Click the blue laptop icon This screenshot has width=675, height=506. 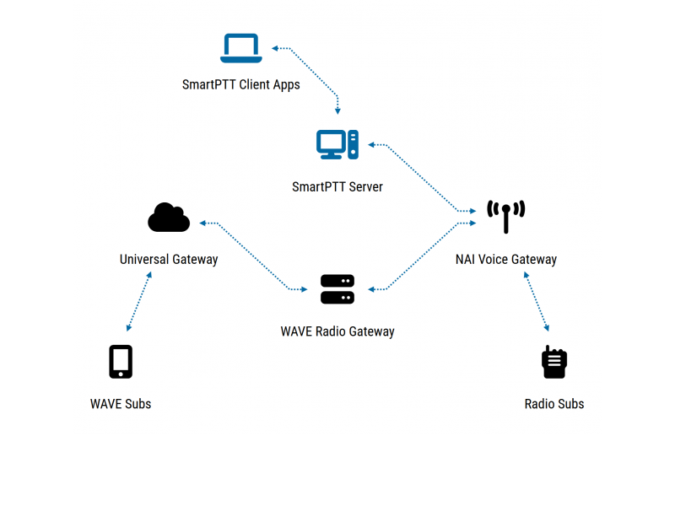[x=241, y=48]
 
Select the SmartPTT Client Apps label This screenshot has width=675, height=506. [x=241, y=84]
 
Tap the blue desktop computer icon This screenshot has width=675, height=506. [x=337, y=145]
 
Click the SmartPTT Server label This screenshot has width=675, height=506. [x=337, y=186]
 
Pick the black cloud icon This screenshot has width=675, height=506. [x=169, y=218]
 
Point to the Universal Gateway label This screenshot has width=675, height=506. [x=169, y=259]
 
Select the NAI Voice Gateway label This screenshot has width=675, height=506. [x=506, y=259]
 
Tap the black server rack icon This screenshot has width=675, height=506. [x=337, y=289]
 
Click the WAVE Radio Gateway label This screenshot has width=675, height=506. [x=337, y=331]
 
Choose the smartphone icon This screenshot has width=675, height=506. [x=121, y=362]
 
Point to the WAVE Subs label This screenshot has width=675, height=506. [x=121, y=404]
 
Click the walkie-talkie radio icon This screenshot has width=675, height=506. [x=554, y=362]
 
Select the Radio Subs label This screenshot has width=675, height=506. [x=554, y=404]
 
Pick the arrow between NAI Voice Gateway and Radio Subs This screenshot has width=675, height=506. [x=537, y=301]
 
